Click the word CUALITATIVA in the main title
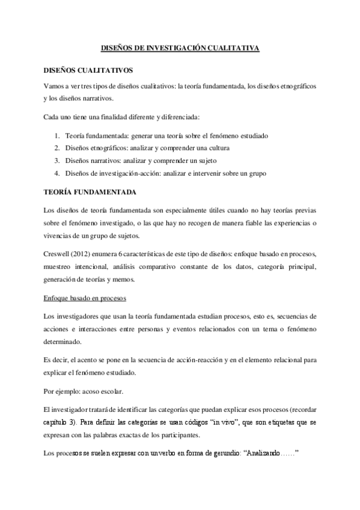(x=232, y=50)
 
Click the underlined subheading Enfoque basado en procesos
(x=84, y=298)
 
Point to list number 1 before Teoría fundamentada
(x=56, y=136)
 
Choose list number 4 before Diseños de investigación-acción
(x=56, y=174)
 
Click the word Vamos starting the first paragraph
(x=55, y=86)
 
